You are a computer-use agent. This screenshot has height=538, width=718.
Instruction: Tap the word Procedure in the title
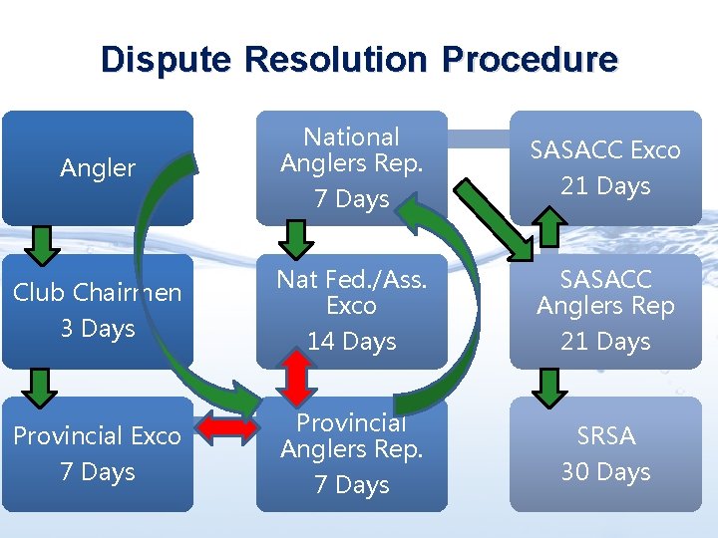point(530,60)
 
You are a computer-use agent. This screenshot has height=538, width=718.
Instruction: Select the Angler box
point(97,167)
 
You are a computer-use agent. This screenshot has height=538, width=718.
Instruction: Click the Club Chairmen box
point(97,310)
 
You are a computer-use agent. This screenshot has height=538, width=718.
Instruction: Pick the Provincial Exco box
point(97,453)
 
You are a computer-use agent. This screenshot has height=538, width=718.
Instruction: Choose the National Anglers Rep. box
point(351,167)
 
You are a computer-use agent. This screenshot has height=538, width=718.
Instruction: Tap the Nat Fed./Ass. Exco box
point(351,310)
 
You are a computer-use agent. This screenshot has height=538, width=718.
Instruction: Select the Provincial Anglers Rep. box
point(351,453)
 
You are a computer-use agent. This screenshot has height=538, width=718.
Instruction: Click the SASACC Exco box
point(605,167)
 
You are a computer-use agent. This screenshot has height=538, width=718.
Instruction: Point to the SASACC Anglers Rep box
point(605,310)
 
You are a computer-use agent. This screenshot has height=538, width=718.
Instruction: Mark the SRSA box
point(605,453)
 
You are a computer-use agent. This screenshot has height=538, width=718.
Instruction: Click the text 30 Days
point(605,471)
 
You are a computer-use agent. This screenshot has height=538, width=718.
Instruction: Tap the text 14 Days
point(351,342)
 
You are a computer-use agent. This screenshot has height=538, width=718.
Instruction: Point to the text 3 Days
point(97,328)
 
